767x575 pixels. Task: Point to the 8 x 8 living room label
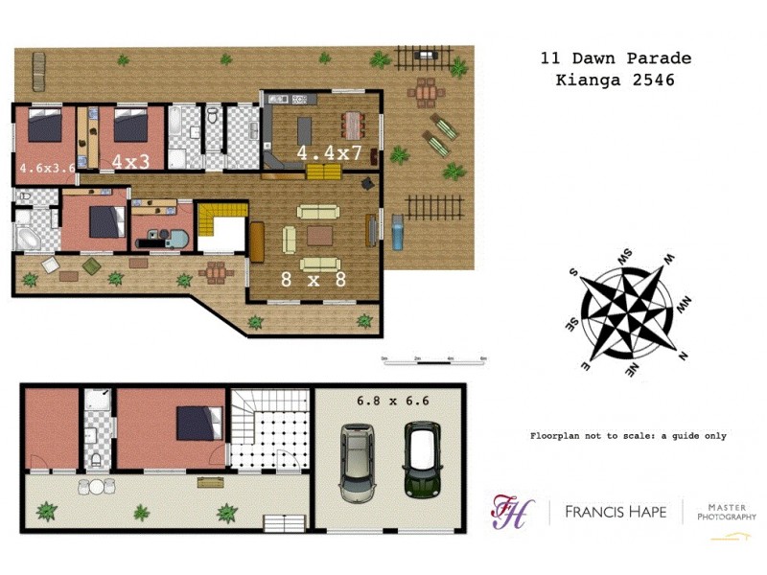pyautogui.click(x=312, y=280)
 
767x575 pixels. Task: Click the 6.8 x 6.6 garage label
pyautogui.click(x=390, y=401)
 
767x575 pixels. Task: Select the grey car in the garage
pyautogui.click(x=359, y=465)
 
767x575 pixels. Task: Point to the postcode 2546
pyautogui.click(x=655, y=80)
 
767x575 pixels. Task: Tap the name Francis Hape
pyautogui.click(x=614, y=512)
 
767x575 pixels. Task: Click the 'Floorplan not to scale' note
pyautogui.click(x=628, y=436)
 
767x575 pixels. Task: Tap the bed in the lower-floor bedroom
pyautogui.click(x=200, y=423)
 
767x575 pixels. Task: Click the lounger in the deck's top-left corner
pyautogui.click(x=37, y=67)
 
